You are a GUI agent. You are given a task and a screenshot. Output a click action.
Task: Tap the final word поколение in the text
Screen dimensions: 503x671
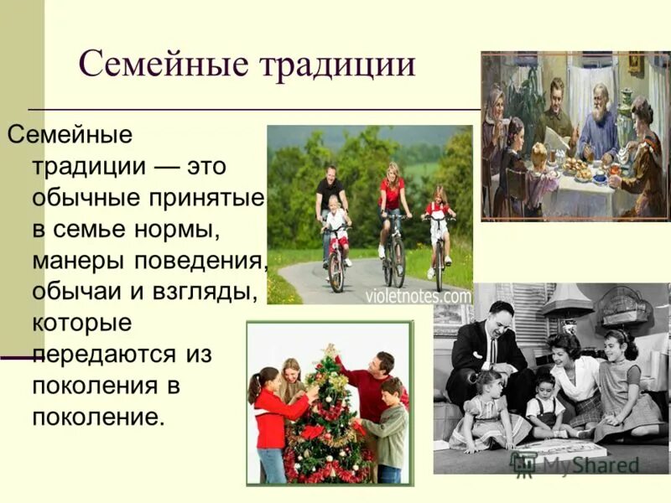click(95, 416)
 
